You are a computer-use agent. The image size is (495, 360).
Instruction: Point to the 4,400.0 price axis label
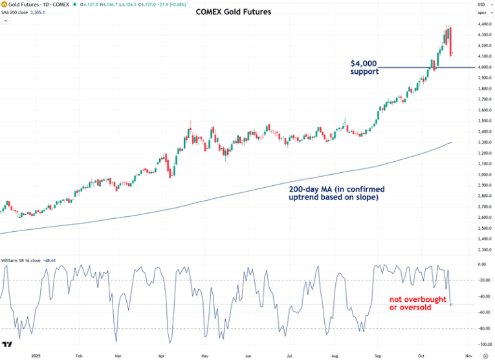479,25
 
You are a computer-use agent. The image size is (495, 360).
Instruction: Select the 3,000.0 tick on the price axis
479,174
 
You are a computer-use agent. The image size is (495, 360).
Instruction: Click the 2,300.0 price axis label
479,249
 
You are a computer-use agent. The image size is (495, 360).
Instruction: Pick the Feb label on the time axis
79,355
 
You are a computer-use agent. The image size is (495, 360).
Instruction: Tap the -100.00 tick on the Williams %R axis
479,345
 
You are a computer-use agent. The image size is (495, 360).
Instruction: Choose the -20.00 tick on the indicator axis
479,280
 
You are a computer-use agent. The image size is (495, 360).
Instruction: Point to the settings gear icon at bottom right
485,355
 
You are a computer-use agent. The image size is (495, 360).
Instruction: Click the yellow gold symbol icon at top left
4,5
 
